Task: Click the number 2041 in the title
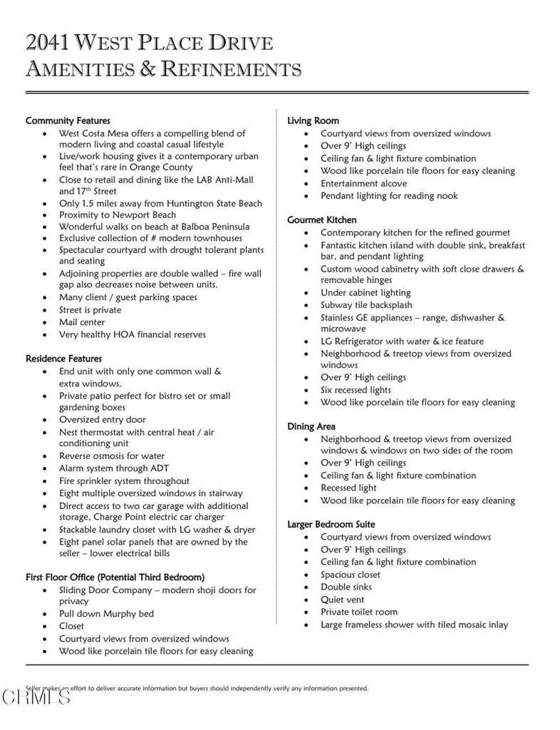48,43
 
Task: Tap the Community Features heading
68,120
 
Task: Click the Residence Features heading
63,359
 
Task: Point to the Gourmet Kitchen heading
321,220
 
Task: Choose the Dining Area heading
311,426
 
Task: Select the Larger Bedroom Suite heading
331,524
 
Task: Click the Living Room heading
313,120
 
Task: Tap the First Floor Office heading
115,577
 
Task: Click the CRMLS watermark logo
36,696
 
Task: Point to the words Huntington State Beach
204,203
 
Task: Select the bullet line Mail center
82,322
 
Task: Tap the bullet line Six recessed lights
356,390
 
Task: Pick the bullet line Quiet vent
345,600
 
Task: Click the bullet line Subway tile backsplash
366,305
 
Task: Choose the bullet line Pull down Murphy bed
106,614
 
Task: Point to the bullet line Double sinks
346,587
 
